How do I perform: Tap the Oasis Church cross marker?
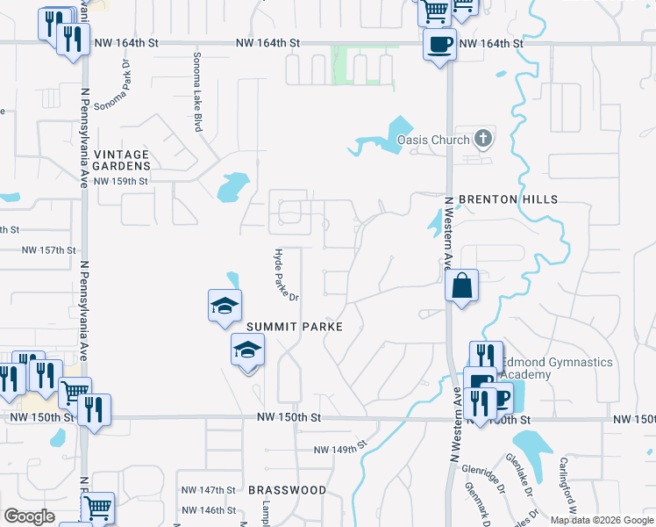(x=482, y=139)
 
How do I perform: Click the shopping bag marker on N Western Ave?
(x=461, y=285)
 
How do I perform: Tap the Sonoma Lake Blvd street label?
(x=197, y=92)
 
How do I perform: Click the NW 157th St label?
(x=49, y=250)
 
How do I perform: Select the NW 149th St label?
(x=339, y=450)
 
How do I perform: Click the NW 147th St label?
(x=209, y=489)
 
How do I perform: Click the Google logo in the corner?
(x=29, y=516)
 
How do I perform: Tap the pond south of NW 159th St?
(x=232, y=185)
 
